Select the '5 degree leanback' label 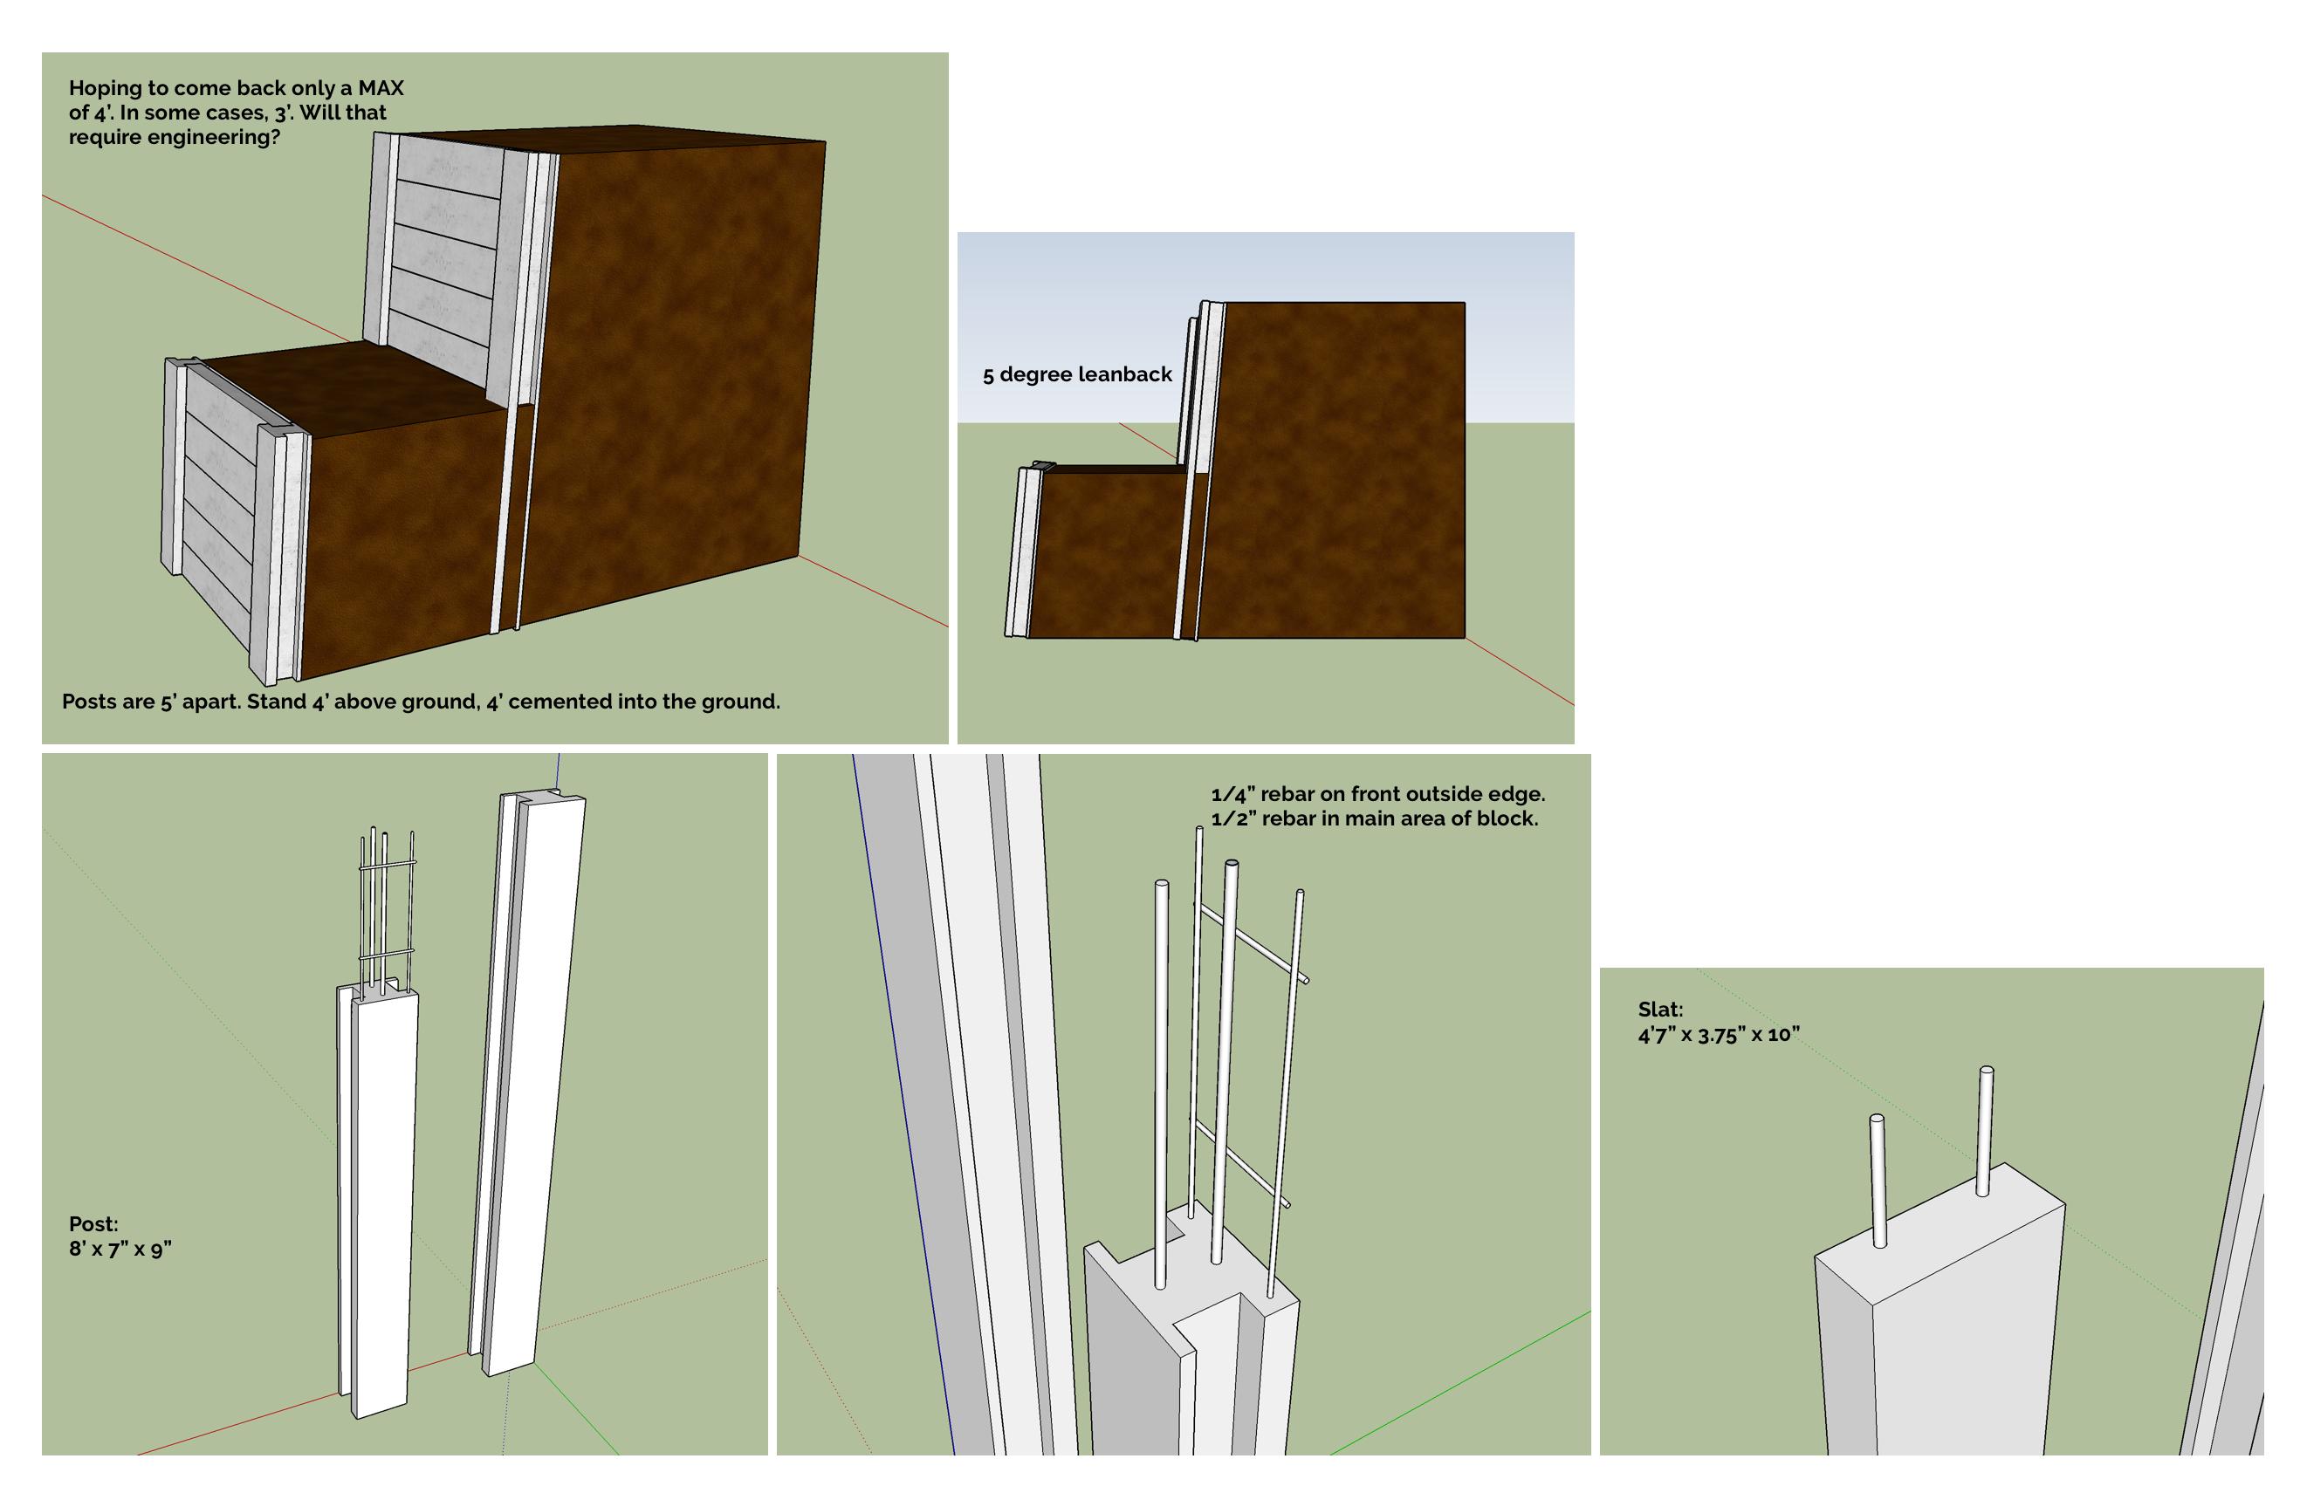click(1076, 375)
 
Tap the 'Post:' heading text click(93, 1224)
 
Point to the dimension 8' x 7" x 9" click(120, 1249)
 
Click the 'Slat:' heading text click(1659, 1009)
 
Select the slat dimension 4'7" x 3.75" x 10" click(1717, 1034)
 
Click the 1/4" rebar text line click(1377, 794)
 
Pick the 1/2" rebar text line click(1373, 818)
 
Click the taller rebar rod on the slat click(1985, 1131)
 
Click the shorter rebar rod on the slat click(1877, 1180)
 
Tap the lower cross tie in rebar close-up click(1242, 1164)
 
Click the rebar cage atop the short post click(385, 908)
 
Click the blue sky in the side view click(1353, 290)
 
